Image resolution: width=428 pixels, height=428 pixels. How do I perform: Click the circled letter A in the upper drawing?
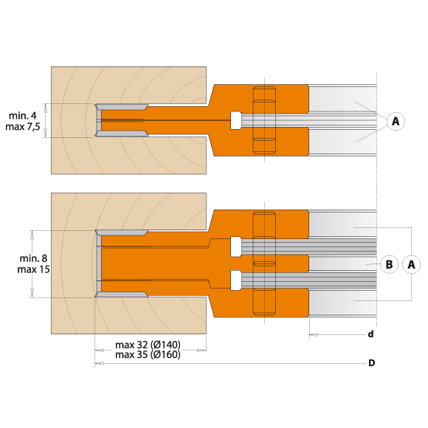click(x=396, y=120)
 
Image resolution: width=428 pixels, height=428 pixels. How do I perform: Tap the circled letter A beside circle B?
click(x=412, y=264)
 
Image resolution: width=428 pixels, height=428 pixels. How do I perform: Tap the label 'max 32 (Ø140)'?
click(x=148, y=344)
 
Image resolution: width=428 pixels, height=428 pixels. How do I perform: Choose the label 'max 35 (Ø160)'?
click(x=148, y=354)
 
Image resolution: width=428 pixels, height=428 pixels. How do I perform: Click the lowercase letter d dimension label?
click(x=370, y=334)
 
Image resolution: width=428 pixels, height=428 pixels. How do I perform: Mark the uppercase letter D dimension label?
click(x=372, y=363)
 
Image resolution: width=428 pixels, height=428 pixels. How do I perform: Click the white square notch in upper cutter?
click(x=235, y=120)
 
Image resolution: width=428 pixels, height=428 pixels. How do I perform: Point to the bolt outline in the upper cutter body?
click(x=264, y=120)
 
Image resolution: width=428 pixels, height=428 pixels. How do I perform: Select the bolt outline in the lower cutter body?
click(x=264, y=263)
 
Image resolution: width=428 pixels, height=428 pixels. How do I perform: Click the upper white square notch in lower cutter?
click(x=235, y=246)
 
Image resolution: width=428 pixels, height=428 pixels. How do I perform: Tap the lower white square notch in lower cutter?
click(x=235, y=280)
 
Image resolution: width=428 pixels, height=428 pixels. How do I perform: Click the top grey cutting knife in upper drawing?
click(x=122, y=106)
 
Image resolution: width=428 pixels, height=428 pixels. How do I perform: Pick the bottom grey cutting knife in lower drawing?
click(x=122, y=294)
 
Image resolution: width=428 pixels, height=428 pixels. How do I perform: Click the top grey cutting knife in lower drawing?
click(x=122, y=232)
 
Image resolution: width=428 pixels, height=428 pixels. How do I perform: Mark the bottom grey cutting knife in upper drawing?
click(x=122, y=134)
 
